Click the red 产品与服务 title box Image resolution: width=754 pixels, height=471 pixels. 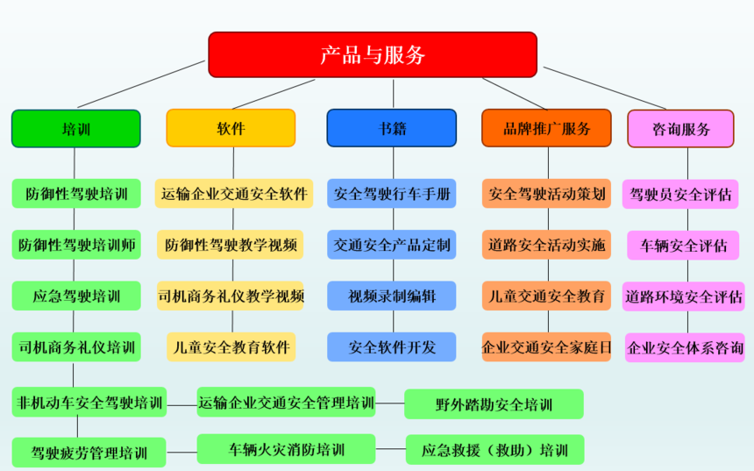click(373, 55)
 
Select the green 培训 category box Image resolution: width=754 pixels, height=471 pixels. click(76, 128)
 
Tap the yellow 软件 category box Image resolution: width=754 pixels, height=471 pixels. click(231, 128)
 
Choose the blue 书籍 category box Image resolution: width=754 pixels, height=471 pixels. click(391, 128)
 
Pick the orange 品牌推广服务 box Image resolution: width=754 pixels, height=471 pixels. click(546, 128)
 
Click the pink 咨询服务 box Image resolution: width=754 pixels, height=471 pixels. click(681, 128)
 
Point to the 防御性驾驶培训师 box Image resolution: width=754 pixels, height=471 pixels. click(76, 245)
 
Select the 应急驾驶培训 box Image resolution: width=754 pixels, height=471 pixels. click(76, 296)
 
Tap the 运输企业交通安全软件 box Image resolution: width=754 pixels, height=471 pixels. click(234, 194)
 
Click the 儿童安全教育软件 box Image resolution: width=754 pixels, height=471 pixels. click(231, 346)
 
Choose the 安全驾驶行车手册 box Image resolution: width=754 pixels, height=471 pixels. click(391, 194)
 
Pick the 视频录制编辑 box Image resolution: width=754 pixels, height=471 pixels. click(391, 296)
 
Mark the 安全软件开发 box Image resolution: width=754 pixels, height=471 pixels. click(391, 346)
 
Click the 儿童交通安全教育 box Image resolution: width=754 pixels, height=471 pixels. click(546, 296)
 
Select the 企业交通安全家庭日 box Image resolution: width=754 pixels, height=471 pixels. click(546, 346)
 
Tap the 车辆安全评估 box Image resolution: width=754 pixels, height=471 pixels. click(683, 246)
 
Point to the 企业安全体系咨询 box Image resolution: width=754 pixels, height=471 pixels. click(685, 347)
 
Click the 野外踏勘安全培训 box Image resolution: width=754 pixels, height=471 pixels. click(494, 404)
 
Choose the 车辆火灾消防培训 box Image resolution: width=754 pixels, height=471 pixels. click(286, 449)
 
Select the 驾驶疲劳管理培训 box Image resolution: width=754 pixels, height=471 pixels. click(89, 453)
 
